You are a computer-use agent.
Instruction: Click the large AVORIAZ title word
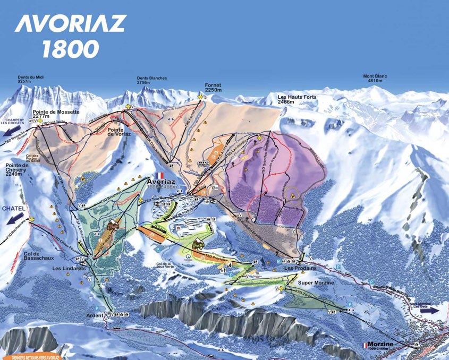(70, 24)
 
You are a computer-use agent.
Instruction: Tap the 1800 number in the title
(71, 49)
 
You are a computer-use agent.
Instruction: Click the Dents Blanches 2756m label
(151, 80)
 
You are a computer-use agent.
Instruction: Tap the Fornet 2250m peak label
(213, 87)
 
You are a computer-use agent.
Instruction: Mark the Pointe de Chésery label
(16, 169)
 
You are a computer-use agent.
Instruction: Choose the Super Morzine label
(316, 282)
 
